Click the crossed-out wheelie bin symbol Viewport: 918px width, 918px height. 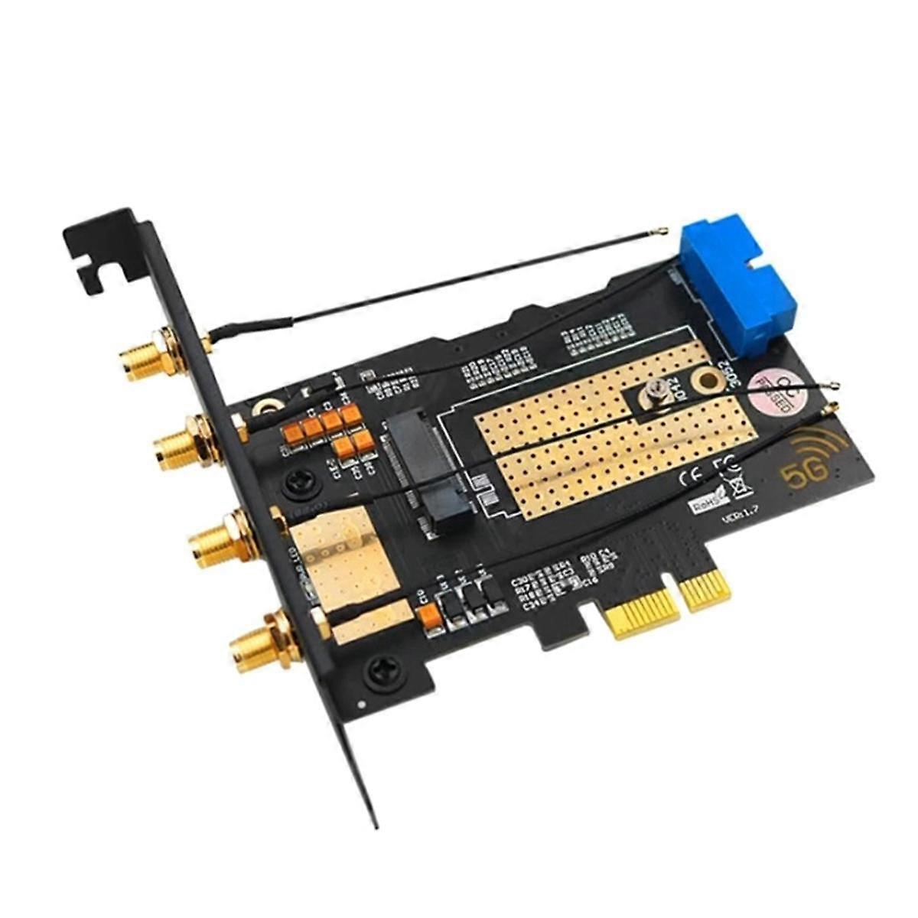point(739,483)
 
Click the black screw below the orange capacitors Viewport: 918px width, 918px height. point(297,483)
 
